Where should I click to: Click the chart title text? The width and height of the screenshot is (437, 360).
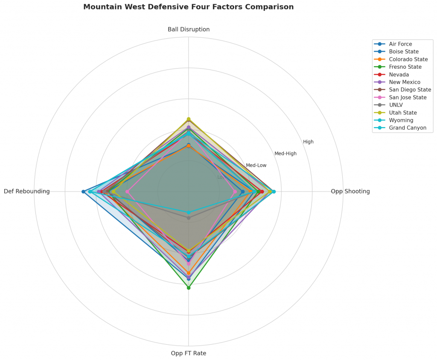click(x=188, y=7)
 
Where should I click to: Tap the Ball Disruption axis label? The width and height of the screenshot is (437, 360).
click(x=188, y=29)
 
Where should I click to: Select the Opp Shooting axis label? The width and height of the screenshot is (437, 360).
click(x=350, y=192)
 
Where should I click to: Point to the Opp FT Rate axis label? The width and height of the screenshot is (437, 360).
click(x=188, y=353)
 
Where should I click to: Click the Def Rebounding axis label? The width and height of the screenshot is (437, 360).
click(x=26, y=192)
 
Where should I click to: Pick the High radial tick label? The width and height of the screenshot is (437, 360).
click(x=308, y=142)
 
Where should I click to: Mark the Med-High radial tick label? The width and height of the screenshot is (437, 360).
click(x=285, y=154)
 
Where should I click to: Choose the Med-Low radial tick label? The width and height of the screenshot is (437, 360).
click(x=256, y=165)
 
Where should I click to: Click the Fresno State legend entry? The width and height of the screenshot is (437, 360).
click(x=405, y=67)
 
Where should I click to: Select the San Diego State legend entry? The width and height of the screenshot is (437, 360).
click(x=410, y=90)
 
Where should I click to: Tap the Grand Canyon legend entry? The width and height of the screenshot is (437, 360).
click(x=407, y=128)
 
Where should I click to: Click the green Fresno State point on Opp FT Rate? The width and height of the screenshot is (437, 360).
click(x=188, y=287)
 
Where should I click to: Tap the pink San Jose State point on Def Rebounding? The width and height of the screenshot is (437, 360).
click(x=127, y=192)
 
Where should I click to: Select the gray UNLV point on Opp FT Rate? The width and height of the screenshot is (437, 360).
click(x=188, y=218)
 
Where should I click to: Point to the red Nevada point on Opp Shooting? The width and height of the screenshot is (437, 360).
click(x=262, y=192)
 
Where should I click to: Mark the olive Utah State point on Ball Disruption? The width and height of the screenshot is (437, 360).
click(x=188, y=119)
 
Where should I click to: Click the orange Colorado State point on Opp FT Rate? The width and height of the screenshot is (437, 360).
click(x=188, y=273)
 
